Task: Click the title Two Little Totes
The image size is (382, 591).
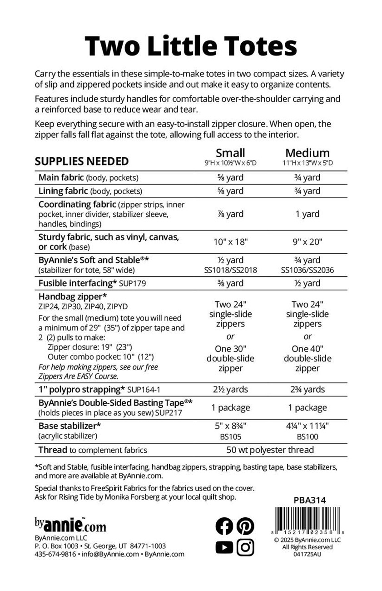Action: pyautogui.click(x=191, y=46)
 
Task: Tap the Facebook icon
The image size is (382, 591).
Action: pyautogui.click(x=224, y=526)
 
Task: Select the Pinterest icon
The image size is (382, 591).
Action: pyautogui.click(x=245, y=526)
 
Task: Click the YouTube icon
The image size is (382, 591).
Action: pyautogui.click(x=224, y=547)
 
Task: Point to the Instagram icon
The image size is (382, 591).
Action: pyautogui.click(x=245, y=547)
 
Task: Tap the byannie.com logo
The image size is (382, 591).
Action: pyautogui.click(x=70, y=526)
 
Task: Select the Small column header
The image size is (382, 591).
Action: pyautogui.click(x=230, y=153)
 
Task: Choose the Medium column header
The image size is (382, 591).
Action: pyautogui.click(x=308, y=153)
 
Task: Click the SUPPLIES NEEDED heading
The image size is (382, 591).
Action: pyautogui.click(x=82, y=161)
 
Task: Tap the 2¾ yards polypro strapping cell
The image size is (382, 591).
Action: pyautogui.click(x=308, y=389)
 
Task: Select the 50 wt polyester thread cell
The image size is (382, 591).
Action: pyautogui.click(x=270, y=450)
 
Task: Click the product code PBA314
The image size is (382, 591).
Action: pyautogui.click(x=307, y=500)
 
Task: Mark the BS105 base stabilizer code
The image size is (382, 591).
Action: pyautogui.click(x=230, y=437)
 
